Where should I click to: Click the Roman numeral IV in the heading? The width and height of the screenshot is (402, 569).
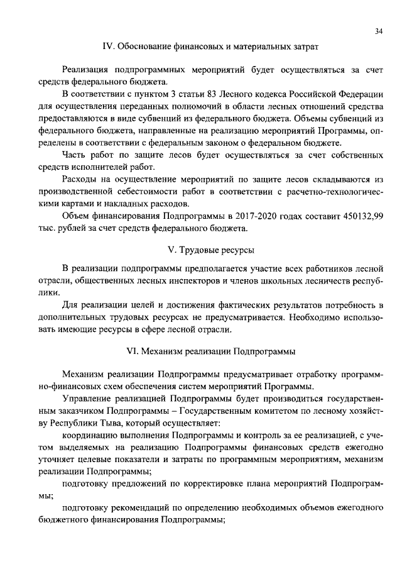[108, 46]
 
